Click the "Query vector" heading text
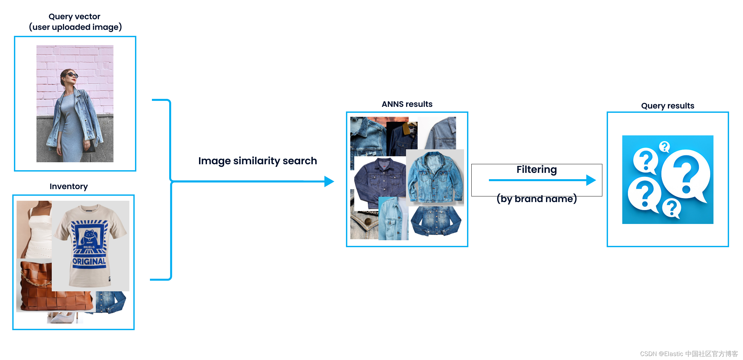point(74,17)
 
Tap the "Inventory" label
point(69,186)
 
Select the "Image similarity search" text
point(257,161)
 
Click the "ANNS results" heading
point(407,104)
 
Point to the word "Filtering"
point(536,170)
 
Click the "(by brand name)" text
point(537,199)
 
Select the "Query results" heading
point(667,106)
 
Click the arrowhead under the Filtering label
point(591,180)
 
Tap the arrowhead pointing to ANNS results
point(329,181)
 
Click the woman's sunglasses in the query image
point(72,75)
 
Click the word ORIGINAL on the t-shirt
point(89,261)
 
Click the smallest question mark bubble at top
point(664,146)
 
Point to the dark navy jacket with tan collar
point(402,139)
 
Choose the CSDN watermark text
point(689,354)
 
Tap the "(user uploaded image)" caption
point(75,27)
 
